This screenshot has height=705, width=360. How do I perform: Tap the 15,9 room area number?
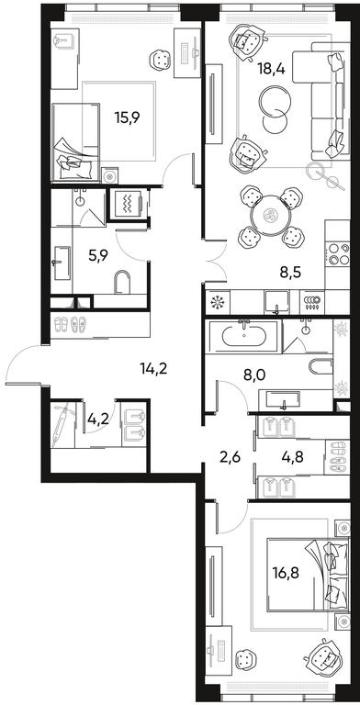pyautogui.click(x=128, y=117)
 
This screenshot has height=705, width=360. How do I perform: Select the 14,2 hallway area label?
pyautogui.click(x=153, y=369)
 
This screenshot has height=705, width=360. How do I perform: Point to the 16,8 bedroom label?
pyautogui.click(x=287, y=573)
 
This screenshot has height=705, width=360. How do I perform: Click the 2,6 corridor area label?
pyautogui.click(x=231, y=458)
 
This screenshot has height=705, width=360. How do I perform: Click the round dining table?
pyautogui.click(x=271, y=216)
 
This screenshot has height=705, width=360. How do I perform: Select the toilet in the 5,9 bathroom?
pyautogui.click(x=122, y=283)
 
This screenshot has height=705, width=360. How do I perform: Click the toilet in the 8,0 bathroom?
pyautogui.click(x=321, y=365)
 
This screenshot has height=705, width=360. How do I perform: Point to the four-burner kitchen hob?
pyautogui.click(x=337, y=253)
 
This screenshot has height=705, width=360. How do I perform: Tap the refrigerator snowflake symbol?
pyautogui.click(x=218, y=301)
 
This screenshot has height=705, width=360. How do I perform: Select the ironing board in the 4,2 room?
pyautogui.click(x=61, y=425)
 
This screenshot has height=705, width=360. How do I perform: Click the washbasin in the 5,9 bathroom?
pyautogui.click(x=61, y=263)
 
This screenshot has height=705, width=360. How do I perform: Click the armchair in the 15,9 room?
pyautogui.click(x=161, y=60)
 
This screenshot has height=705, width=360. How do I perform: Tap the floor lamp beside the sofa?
pyautogui.click(x=322, y=175)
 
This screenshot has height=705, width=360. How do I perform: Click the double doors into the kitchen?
pyautogui.click(x=215, y=262)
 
